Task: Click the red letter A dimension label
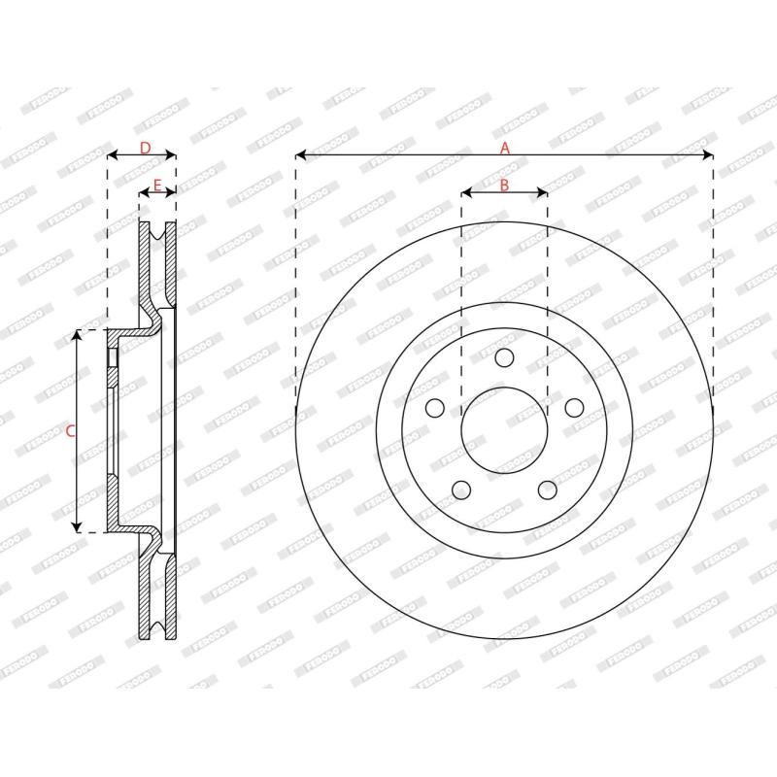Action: click(504, 148)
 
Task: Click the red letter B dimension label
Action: click(504, 186)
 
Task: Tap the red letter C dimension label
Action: click(70, 431)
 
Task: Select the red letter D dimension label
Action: click(145, 148)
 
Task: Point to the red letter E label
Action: click(157, 186)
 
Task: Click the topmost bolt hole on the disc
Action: click(504, 357)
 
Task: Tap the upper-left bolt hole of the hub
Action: click(435, 408)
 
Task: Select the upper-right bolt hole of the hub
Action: click(574, 408)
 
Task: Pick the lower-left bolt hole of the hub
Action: click(461, 490)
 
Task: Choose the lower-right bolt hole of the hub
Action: click(548, 490)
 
